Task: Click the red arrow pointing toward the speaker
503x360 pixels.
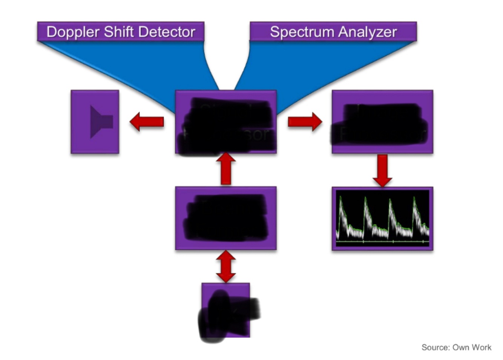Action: point(147,122)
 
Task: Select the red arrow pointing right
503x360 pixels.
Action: point(305,122)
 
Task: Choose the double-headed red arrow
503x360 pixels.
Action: point(226,266)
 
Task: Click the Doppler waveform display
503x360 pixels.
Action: point(382,218)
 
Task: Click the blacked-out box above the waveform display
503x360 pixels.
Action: point(382,122)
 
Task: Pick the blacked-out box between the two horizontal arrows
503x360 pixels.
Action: point(226,122)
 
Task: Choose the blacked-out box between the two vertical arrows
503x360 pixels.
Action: point(226,218)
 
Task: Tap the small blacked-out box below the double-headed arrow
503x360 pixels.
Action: point(226,310)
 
